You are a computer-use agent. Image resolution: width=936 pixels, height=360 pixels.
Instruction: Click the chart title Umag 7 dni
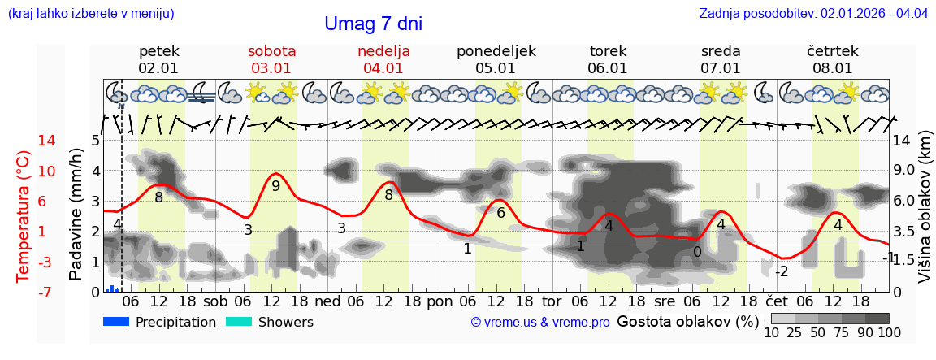(373, 24)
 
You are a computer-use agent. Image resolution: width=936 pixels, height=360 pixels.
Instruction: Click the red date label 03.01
(271, 68)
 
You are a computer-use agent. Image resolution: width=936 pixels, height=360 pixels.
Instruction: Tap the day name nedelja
(383, 50)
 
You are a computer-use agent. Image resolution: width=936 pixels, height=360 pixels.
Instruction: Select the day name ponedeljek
(496, 50)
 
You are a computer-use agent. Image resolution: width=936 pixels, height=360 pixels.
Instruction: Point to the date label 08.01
(832, 68)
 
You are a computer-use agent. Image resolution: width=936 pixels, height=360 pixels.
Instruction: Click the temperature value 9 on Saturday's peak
(275, 186)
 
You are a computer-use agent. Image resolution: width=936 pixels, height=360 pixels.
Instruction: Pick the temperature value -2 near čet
(781, 271)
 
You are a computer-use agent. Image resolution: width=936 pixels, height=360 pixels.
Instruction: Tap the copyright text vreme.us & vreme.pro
(539, 323)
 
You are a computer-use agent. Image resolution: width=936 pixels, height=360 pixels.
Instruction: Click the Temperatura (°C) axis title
(24, 216)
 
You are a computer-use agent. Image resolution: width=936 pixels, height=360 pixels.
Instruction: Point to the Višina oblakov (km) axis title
(925, 215)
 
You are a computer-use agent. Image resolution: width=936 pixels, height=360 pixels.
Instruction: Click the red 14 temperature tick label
(24, 141)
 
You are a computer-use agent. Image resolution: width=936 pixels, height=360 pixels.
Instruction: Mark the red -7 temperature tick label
(24, 292)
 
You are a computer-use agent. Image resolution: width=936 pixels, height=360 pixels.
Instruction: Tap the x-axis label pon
(440, 301)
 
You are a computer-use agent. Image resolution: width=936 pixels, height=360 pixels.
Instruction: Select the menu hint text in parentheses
(91, 14)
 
